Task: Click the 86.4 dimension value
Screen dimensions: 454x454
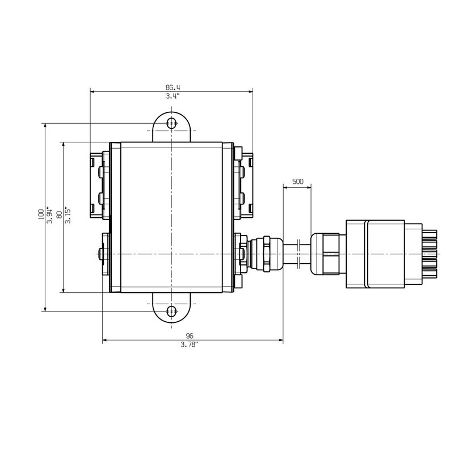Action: click(173, 87)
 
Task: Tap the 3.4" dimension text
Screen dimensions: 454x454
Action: click(173, 96)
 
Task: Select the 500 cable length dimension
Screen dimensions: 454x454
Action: click(297, 182)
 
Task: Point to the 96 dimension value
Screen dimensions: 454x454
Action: click(190, 336)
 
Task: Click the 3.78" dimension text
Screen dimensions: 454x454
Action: click(190, 344)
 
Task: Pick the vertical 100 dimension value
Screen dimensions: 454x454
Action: click(41, 215)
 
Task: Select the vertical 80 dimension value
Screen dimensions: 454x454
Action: click(60, 215)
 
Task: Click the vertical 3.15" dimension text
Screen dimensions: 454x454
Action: click(68, 215)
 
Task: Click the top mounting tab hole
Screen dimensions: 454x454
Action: click(171, 123)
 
